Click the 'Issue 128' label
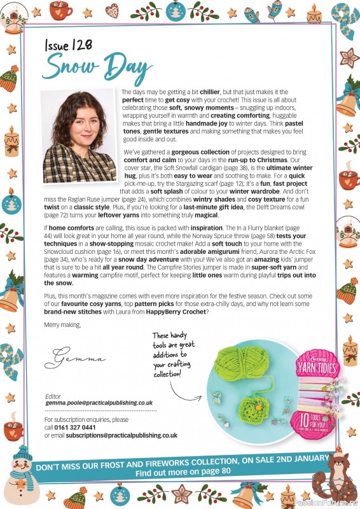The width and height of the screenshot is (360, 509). (x=69, y=46)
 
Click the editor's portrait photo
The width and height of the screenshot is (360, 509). (x=78, y=137)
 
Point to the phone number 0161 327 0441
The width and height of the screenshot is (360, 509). (x=81, y=428)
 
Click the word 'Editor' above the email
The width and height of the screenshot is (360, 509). (x=53, y=396)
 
